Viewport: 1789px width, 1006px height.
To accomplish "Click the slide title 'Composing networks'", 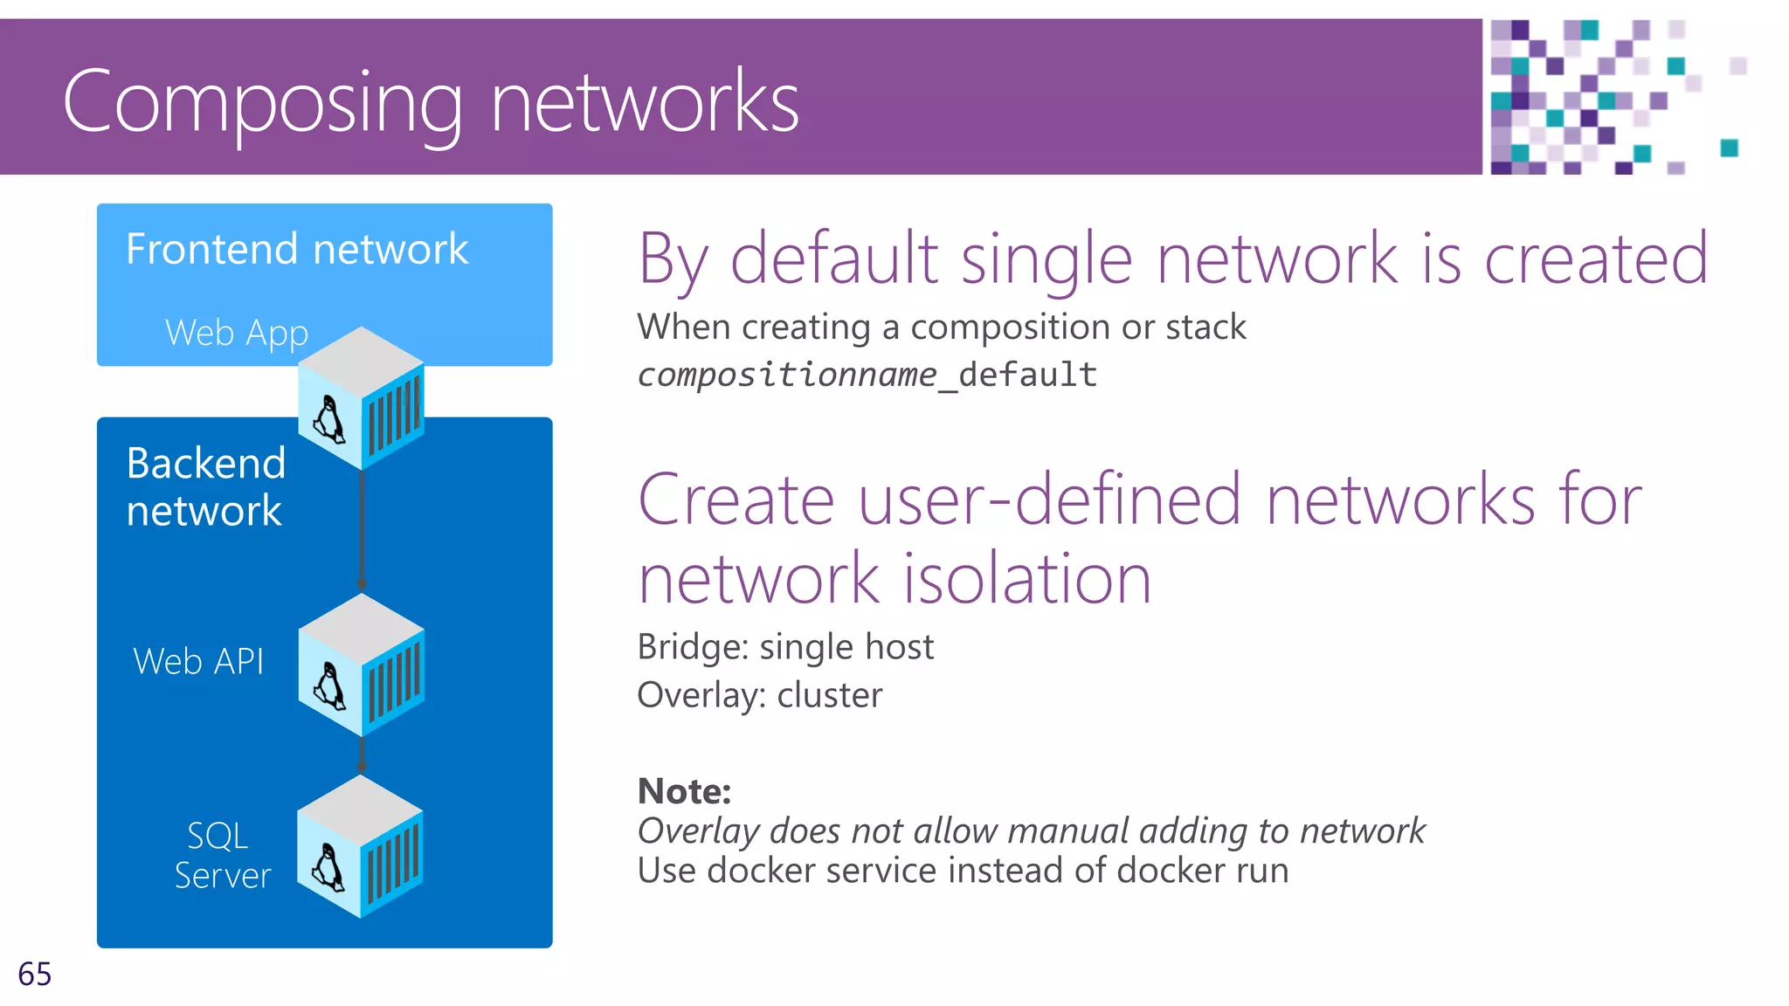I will point(431,102).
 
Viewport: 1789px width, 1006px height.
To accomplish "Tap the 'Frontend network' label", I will point(297,250).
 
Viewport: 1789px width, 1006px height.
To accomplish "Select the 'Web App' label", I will point(236,333).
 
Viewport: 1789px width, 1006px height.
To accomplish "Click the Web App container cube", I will point(362,397).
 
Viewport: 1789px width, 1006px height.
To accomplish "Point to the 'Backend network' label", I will point(205,486).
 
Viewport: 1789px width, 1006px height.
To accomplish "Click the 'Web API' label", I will point(198,662).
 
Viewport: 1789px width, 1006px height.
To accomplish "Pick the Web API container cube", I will point(362,665).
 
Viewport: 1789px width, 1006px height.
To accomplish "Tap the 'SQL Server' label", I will point(222,856).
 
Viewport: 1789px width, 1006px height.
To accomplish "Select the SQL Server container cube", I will point(360,846).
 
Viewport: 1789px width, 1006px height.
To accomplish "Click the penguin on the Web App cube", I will point(329,419).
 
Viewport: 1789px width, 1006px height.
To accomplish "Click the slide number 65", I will point(35,974).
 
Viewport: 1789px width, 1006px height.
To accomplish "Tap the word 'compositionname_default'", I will point(867,375).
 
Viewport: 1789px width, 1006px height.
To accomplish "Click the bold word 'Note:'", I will point(684,791).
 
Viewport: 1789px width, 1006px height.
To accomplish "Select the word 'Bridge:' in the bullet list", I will point(693,647).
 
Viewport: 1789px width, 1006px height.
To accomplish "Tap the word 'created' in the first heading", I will point(1595,259).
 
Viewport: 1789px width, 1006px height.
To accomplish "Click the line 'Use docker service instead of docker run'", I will point(963,871).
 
